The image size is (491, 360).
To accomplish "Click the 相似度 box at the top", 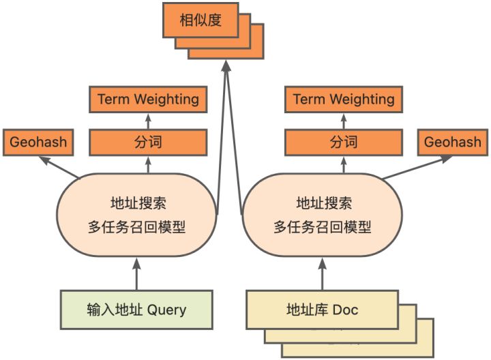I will point(200,20).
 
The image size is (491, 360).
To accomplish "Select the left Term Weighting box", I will point(148,100).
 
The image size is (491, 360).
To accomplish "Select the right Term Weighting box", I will point(344,100).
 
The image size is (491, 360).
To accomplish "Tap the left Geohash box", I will point(38,142).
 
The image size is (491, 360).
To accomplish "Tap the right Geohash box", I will point(452,142).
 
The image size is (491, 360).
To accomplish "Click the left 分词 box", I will point(148,142).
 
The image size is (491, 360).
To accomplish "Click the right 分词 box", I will point(344,142).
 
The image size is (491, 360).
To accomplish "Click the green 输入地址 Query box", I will point(136,310).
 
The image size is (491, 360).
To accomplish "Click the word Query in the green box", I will point(166,310).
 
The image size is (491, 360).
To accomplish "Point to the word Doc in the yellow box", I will point(345,310).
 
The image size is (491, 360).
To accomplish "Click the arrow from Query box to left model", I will point(136,273).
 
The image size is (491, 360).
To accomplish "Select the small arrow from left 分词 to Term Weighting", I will point(148,121).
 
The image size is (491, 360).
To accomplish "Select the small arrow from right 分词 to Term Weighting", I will point(344,121).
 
